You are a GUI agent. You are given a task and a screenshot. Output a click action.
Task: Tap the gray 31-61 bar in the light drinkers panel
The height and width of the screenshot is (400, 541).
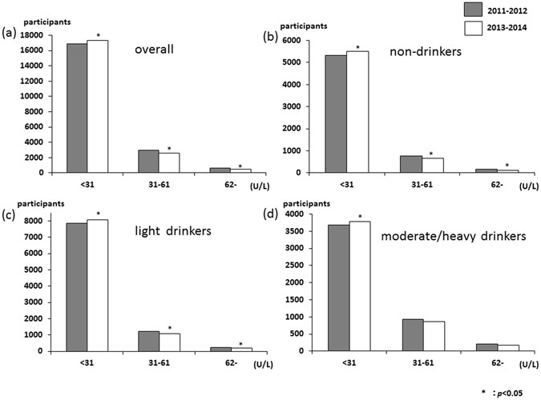pyautogui.click(x=149, y=341)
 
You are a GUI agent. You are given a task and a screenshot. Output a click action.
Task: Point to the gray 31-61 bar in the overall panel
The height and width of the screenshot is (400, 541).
pyautogui.click(x=149, y=161)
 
